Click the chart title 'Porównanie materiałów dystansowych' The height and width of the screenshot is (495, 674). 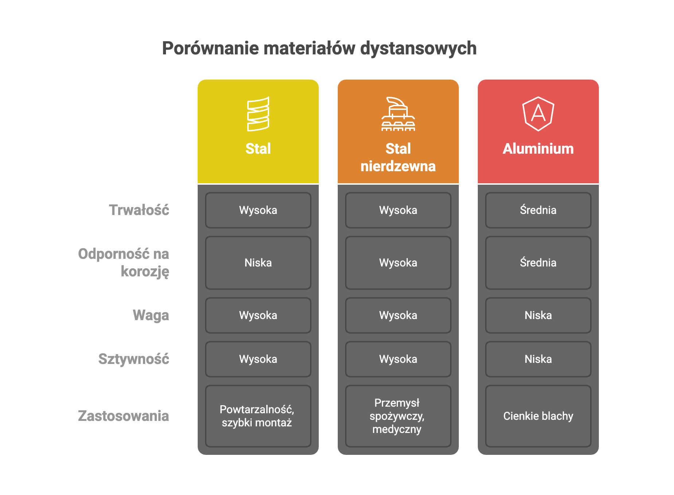coord(319,48)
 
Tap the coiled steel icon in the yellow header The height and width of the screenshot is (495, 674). coord(258,114)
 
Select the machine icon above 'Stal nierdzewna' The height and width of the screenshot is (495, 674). coord(398,114)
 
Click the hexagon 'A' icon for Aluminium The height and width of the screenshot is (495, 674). coord(538,114)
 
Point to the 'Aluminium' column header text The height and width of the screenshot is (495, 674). coord(538,149)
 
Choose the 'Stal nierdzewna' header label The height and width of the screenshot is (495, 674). coord(398,158)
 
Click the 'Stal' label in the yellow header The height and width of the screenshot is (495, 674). coord(258,149)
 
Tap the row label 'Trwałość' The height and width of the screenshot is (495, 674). coord(139,210)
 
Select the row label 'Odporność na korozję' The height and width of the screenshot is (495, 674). coord(124,262)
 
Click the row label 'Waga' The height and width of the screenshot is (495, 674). coord(151,315)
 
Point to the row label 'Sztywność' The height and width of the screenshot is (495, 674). coord(133,359)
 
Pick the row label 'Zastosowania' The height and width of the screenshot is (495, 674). coord(123,416)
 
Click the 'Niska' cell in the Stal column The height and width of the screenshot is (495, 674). coord(258,263)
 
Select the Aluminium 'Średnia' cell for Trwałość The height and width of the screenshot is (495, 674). coord(538,210)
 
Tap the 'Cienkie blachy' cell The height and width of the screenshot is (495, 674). coord(538,416)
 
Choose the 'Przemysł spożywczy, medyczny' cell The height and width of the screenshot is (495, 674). coord(398,416)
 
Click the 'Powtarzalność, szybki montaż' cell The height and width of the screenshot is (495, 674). coord(258,416)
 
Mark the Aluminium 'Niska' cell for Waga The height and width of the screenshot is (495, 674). coord(538,315)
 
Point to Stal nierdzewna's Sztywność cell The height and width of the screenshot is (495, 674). coord(398,359)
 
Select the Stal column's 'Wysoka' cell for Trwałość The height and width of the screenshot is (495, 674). coord(258,210)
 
